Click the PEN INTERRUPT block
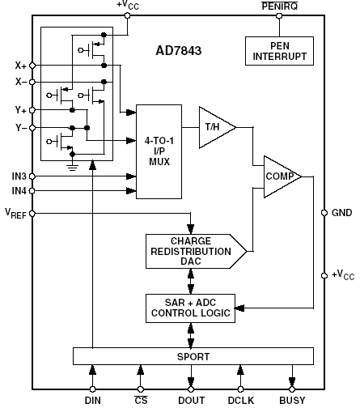pyautogui.click(x=279, y=51)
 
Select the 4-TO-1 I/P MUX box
pyautogui.click(x=159, y=151)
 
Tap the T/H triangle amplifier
pyautogui.click(x=216, y=127)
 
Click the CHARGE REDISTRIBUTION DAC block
pyautogui.click(x=195, y=251)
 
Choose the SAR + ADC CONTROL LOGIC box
pyautogui.click(x=190, y=308)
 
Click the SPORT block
pyautogui.click(x=193, y=356)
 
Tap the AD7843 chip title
pyautogui.click(x=179, y=51)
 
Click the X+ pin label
pyautogui.click(x=20, y=66)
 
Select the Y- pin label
pyautogui.click(x=21, y=128)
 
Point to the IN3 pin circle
pyautogui.click(x=32, y=176)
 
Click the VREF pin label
pyautogui.click(x=15, y=213)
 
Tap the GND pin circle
pyautogui.click(x=324, y=213)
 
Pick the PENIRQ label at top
pyautogui.click(x=280, y=6)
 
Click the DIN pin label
pyautogui.click(x=93, y=400)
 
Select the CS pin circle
pyautogui.click(x=141, y=389)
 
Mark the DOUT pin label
pyautogui.click(x=192, y=400)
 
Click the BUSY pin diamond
pyautogui.click(x=292, y=389)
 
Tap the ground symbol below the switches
pyautogui.click(x=72, y=168)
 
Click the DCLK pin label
pyautogui.click(x=241, y=400)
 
